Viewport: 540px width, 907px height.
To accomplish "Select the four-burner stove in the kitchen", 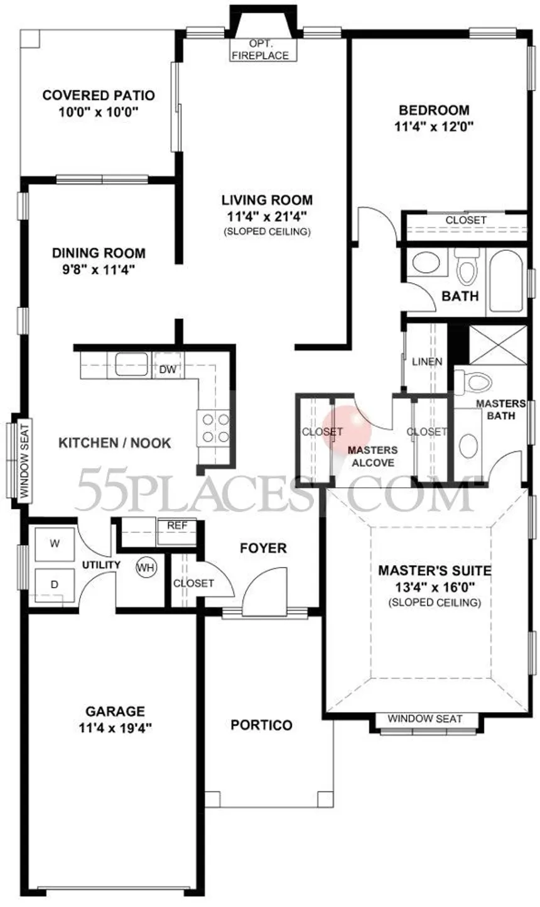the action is click(213, 428).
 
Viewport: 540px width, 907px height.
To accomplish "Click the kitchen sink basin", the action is click(131, 364).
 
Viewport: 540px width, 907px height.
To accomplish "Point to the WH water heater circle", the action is click(146, 568).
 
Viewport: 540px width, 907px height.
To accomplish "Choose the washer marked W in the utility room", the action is click(55, 544).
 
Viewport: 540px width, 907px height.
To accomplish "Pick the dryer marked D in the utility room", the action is click(55, 585).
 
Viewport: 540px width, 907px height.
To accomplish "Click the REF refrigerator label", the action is click(177, 525).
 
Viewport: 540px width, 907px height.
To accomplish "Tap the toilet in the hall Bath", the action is click(467, 267).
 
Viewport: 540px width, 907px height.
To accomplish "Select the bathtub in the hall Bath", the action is click(506, 281).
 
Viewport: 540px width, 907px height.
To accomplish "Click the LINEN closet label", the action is click(427, 361).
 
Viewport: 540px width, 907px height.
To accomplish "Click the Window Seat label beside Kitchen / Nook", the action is click(24, 461).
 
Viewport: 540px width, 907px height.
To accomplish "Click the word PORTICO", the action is click(261, 725).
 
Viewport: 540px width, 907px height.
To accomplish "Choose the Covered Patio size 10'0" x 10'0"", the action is click(99, 112).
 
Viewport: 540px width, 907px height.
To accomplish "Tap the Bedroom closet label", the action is click(466, 220).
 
